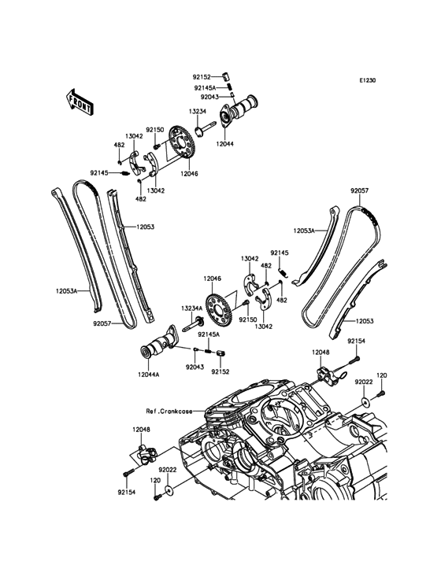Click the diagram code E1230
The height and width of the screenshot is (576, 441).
[x=367, y=80]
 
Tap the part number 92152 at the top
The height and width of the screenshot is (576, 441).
[x=202, y=77]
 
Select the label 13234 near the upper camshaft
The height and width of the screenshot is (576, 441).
[x=198, y=111]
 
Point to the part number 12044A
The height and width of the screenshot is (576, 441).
[x=149, y=375]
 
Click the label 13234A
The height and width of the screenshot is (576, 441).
[x=191, y=308]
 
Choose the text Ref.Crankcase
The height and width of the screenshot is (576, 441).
[x=169, y=412]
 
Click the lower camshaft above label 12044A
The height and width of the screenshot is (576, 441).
[x=159, y=346]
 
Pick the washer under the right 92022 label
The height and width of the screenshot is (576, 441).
[x=365, y=402]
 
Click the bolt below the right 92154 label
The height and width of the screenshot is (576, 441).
[x=356, y=357]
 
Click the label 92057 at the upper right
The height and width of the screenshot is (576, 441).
[x=359, y=191]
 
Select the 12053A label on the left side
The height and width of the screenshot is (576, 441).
[x=67, y=291]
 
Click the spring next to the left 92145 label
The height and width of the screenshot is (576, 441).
[x=125, y=173]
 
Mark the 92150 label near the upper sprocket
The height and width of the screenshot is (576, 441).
[x=154, y=130]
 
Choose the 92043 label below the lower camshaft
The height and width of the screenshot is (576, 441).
[x=195, y=367]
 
